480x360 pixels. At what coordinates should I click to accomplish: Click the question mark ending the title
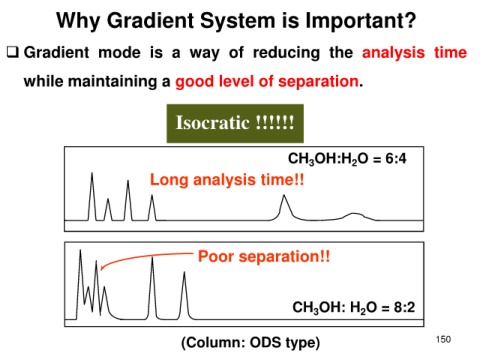(x=410, y=20)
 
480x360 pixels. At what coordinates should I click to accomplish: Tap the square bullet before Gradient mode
(x=13, y=52)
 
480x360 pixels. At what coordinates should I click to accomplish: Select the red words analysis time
(x=414, y=53)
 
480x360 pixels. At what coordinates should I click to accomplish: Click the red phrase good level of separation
(x=267, y=81)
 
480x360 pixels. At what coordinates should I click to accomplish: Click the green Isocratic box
(x=235, y=123)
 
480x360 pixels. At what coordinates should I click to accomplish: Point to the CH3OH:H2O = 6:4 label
(x=347, y=159)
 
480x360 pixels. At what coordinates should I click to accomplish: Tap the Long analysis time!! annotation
(x=227, y=180)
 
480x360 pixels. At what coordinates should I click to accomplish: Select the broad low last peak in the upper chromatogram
(x=355, y=216)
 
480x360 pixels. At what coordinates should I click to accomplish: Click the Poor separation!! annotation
(x=264, y=257)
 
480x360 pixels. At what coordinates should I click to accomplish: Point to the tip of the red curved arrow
(x=101, y=269)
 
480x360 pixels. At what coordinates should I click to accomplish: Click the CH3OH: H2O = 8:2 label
(x=354, y=307)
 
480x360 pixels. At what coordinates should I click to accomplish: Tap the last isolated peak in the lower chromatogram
(x=184, y=293)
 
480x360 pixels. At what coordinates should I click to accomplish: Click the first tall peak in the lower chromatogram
(x=80, y=277)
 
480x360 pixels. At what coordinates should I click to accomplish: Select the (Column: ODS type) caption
(x=251, y=343)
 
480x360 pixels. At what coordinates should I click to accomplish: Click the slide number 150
(x=443, y=339)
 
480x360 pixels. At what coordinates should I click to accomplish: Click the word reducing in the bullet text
(x=286, y=53)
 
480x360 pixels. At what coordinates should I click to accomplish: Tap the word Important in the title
(x=354, y=21)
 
